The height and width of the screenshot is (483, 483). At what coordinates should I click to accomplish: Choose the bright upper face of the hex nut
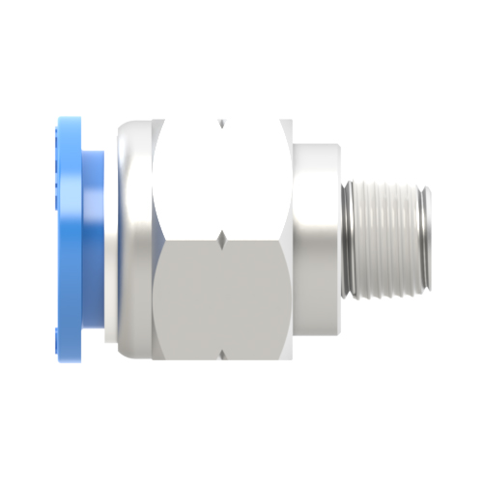pyautogui.click(x=222, y=179)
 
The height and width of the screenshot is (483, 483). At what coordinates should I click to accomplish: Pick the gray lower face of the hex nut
pyautogui.click(x=222, y=299)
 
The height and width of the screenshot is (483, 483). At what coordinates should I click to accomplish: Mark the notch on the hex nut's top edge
pyautogui.click(x=221, y=123)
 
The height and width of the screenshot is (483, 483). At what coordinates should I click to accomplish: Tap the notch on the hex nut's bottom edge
pyautogui.click(x=221, y=355)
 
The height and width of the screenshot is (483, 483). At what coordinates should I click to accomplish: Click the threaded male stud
pyautogui.click(x=386, y=237)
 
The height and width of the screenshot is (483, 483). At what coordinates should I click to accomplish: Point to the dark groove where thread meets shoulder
pyautogui.click(x=346, y=237)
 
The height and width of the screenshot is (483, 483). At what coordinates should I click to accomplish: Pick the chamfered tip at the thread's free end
pyautogui.click(x=426, y=237)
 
